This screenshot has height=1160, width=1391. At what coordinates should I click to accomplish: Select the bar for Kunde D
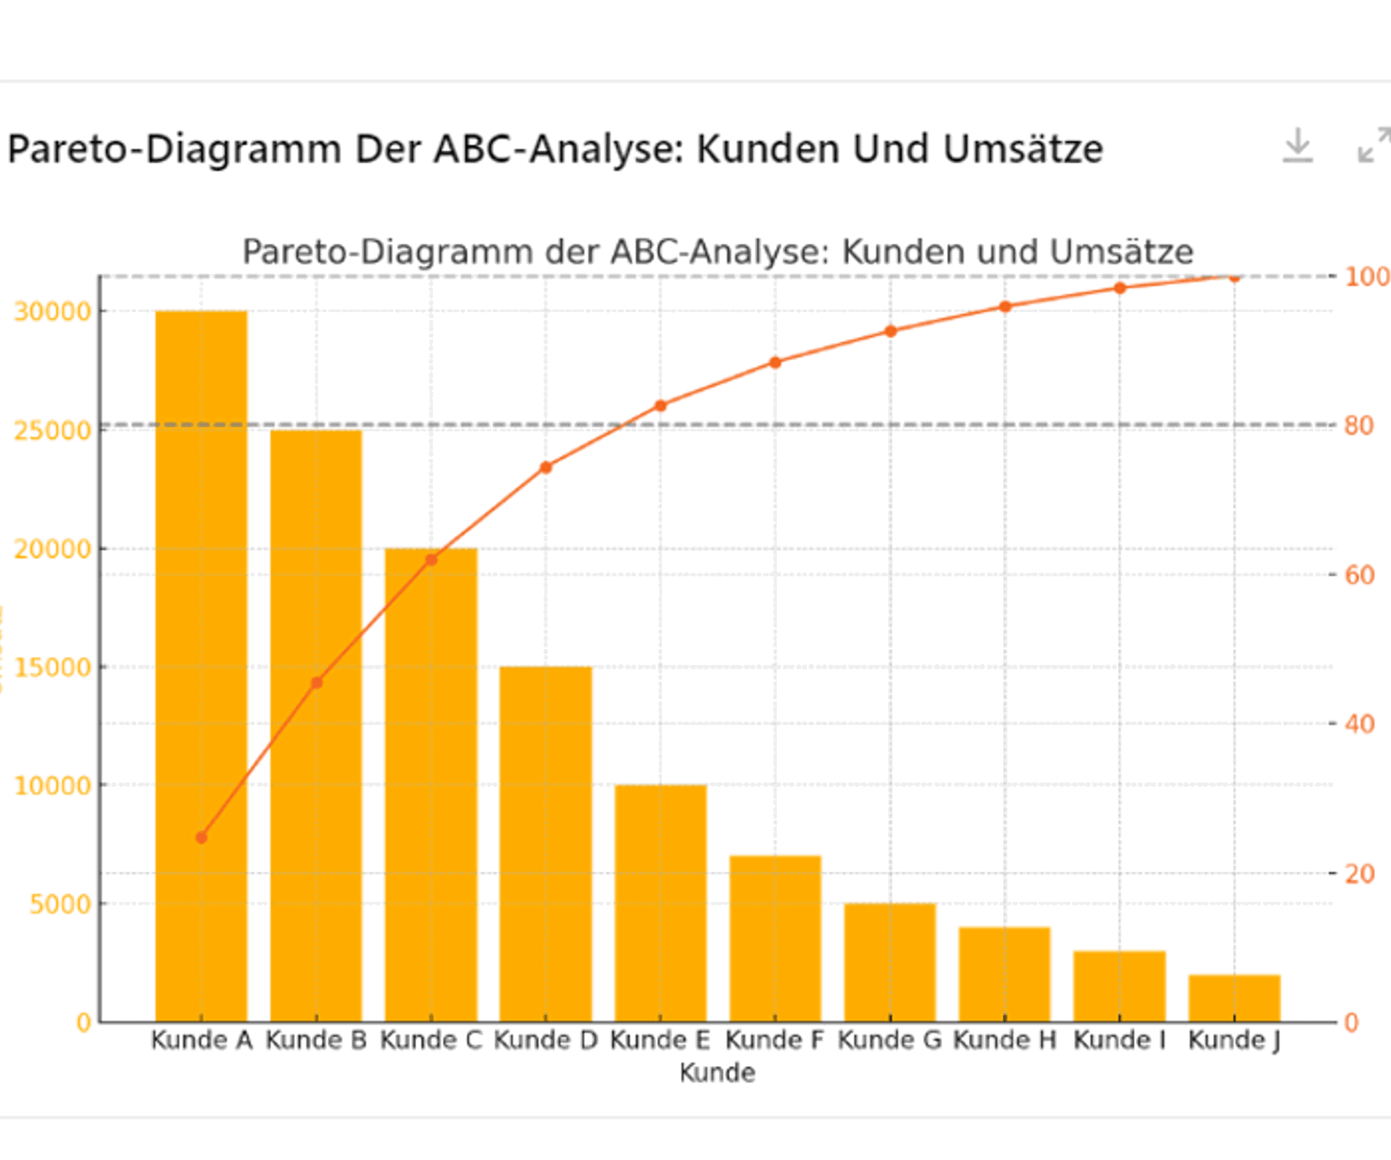point(545,840)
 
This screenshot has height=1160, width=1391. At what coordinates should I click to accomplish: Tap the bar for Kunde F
point(775,937)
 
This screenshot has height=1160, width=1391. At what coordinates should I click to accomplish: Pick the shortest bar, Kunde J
point(1234,998)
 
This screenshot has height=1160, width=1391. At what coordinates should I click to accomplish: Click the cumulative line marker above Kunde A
point(201,837)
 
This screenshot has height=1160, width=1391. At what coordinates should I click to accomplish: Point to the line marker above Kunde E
point(660,406)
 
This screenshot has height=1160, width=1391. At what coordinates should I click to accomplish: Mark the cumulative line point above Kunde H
point(1005,307)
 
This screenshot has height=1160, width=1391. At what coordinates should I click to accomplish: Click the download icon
point(1297,146)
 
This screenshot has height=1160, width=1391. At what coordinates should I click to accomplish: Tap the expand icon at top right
point(1373,146)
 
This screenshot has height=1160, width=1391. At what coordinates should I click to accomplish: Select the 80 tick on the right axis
point(1358,426)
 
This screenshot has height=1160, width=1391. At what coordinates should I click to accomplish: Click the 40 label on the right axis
point(1358,724)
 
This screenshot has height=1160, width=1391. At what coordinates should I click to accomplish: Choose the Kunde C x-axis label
point(431,1041)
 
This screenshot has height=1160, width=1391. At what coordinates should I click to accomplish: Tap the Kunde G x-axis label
point(889,1041)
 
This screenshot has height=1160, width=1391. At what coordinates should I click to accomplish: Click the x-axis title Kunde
point(717,1073)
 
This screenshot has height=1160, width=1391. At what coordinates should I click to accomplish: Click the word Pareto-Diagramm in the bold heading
point(174,149)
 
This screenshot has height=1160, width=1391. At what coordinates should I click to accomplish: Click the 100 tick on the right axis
point(1365,277)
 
